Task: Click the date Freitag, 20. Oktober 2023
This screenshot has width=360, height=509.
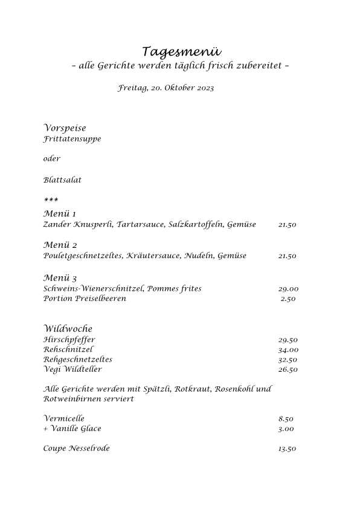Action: click(166, 88)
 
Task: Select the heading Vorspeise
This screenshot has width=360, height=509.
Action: click(65, 128)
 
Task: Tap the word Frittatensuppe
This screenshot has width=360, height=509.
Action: click(72, 139)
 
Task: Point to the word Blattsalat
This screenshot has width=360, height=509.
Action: click(62, 180)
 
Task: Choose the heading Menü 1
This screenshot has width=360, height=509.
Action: click(60, 214)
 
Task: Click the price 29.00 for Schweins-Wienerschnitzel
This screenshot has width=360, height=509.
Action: click(288, 289)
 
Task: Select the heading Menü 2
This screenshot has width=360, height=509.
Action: click(60, 245)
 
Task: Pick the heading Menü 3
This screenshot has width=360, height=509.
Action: click(60, 278)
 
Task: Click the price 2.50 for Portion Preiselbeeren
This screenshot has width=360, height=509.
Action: click(288, 299)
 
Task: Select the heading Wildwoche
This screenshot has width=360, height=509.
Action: click(68, 329)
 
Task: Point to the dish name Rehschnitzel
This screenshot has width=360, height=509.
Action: click(68, 349)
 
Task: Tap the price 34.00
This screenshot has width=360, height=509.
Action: click(288, 349)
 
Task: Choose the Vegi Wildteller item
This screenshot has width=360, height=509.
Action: click(72, 369)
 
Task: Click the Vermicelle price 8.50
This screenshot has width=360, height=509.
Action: click(286, 418)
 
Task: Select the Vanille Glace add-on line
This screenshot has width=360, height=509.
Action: click(72, 429)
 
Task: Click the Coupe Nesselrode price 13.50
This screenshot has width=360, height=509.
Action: click(287, 449)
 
